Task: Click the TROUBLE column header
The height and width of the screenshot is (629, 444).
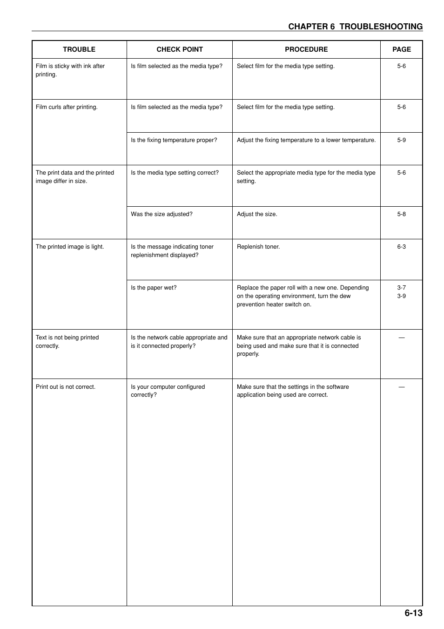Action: [79, 49]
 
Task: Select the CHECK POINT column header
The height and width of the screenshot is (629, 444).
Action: [180, 49]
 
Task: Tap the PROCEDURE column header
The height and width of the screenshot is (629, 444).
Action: [306, 49]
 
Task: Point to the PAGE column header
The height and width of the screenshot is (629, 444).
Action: [401, 49]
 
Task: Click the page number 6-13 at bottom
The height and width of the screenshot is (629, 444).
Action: [413, 613]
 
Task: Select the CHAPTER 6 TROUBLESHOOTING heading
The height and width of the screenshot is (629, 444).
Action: [355, 27]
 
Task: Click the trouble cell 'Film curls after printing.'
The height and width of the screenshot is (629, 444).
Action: [67, 107]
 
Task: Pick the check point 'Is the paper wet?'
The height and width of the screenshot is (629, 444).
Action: [154, 288]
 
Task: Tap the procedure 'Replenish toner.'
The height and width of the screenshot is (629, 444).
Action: [258, 247]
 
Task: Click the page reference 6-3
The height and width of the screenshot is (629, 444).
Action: [401, 247]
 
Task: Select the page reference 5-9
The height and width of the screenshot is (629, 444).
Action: [401, 140]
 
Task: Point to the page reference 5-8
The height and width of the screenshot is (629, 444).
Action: [401, 214]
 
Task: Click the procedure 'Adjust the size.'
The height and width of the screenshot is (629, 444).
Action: [257, 214]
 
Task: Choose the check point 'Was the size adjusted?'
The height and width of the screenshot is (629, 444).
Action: [161, 214]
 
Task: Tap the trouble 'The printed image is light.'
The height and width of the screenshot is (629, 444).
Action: [70, 247]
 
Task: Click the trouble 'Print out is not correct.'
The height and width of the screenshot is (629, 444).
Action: [66, 387]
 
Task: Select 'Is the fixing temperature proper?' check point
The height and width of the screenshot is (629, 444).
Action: [174, 140]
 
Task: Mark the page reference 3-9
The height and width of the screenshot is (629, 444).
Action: [401, 296]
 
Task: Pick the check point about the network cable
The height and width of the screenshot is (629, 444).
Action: [179, 342]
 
